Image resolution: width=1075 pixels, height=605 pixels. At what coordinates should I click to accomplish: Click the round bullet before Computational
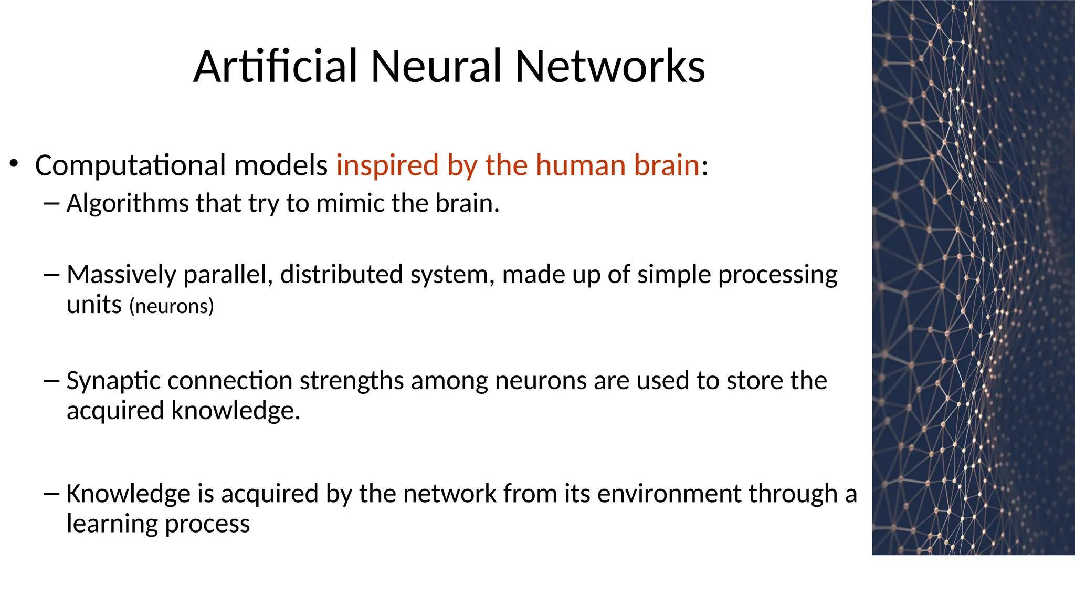click(14, 164)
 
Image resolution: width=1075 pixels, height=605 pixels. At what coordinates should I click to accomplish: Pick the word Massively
click(121, 275)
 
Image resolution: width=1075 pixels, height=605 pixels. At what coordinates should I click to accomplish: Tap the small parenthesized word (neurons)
click(172, 306)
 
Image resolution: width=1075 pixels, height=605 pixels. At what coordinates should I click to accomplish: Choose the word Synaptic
click(113, 381)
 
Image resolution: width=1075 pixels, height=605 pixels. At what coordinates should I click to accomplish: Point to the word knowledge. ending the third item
click(236, 411)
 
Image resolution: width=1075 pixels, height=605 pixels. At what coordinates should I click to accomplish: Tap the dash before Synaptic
click(51, 380)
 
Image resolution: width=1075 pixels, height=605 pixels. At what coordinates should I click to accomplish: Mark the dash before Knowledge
click(51, 494)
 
